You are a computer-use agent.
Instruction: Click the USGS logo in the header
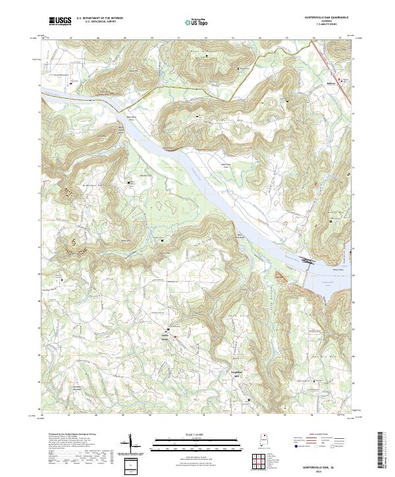click(60, 22)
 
